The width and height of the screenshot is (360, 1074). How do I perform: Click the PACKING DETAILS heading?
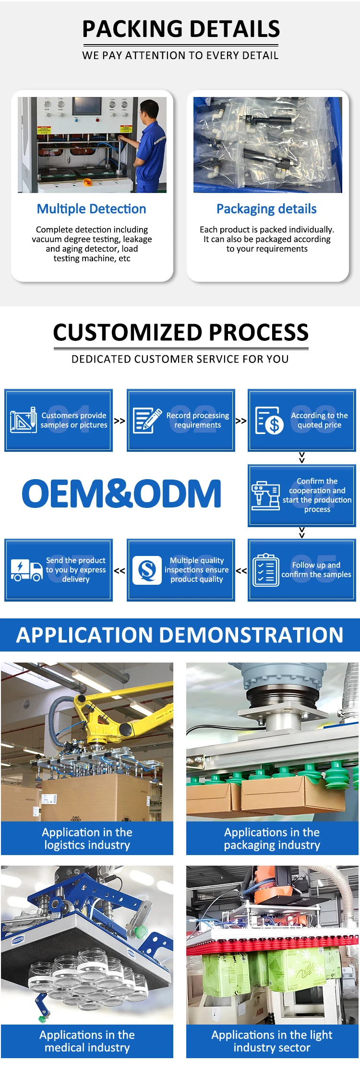(x=180, y=29)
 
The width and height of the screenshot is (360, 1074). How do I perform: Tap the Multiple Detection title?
(x=91, y=209)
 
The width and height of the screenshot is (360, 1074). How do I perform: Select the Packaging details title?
(x=266, y=209)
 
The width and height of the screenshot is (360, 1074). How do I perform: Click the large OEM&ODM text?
(x=121, y=494)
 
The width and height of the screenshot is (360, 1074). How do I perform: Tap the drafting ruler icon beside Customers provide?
(x=24, y=420)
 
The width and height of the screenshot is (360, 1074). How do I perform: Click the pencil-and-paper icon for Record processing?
(x=147, y=420)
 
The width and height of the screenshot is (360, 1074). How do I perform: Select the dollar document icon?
(x=269, y=421)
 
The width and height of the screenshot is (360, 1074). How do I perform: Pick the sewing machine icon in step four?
(x=265, y=495)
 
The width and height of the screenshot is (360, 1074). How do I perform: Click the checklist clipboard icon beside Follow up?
(x=265, y=570)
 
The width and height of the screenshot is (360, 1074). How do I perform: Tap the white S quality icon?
(x=147, y=570)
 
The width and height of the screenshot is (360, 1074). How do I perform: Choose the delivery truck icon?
(x=26, y=570)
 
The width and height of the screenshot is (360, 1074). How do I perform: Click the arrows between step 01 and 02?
(x=120, y=421)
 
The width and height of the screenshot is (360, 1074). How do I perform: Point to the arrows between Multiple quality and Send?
(x=120, y=570)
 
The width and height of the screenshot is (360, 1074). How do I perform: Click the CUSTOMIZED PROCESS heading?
(x=180, y=332)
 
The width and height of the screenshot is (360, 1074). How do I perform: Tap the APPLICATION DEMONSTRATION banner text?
(x=180, y=635)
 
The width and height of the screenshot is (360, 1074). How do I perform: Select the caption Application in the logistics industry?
(x=87, y=838)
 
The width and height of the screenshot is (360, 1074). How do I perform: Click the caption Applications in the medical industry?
(x=87, y=1041)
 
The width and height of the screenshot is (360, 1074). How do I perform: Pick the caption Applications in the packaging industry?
(x=272, y=838)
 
